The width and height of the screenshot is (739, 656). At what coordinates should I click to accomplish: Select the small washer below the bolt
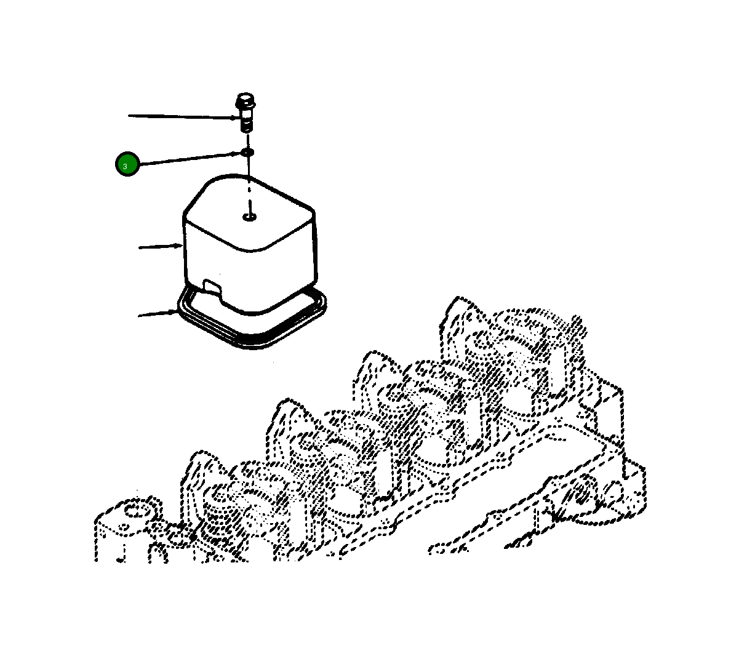(x=247, y=151)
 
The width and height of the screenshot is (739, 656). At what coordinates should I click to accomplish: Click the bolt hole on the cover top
(x=249, y=217)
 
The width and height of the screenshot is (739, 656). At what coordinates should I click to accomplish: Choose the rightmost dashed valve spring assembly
(x=523, y=345)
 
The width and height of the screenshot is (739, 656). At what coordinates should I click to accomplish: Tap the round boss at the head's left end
(x=132, y=511)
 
